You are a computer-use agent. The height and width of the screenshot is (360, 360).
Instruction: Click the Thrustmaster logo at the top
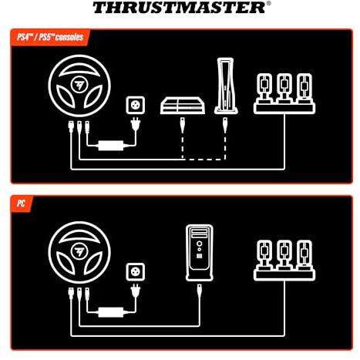(x=181, y=8)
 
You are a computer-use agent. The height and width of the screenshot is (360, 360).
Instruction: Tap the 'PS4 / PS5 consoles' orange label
(x=50, y=37)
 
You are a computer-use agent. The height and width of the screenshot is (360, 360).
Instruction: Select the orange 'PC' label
(x=22, y=204)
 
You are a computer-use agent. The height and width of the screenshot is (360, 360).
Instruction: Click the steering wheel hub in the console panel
(x=79, y=86)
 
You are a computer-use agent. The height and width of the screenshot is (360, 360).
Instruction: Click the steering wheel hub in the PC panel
(x=79, y=252)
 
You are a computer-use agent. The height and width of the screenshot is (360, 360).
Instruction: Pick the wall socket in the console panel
(x=136, y=105)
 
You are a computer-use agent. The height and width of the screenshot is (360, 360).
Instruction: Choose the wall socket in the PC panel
(x=136, y=272)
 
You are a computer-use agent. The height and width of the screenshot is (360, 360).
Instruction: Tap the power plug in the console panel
(x=136, y=124)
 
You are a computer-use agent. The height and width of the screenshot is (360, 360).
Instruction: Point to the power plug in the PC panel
(x=136, y=291)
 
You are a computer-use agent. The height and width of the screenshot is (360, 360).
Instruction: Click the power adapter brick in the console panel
(x=111, y=146)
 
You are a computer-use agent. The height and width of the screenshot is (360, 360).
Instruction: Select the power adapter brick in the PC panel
(x=111, y=312)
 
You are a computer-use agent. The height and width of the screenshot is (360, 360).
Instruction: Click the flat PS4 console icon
(x=183, y=106)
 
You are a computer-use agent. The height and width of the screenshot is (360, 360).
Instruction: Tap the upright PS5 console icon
(x=226, y=86)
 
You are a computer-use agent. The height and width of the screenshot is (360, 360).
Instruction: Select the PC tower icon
(x=200, y=253)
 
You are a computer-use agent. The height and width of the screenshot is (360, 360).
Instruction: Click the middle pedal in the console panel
(x=284, y=89)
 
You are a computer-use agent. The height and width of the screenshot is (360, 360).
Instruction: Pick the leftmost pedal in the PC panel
(x=264, y=255)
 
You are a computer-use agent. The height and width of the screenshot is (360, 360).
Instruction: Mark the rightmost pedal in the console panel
(x=304, y=89)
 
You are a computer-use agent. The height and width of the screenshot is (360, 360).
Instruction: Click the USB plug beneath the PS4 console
(x=183, y=125)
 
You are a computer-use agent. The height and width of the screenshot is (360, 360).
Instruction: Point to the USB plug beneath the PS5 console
(x=225, y=125)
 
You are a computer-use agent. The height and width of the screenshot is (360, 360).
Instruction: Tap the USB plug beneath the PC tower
(x=200, y=292)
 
